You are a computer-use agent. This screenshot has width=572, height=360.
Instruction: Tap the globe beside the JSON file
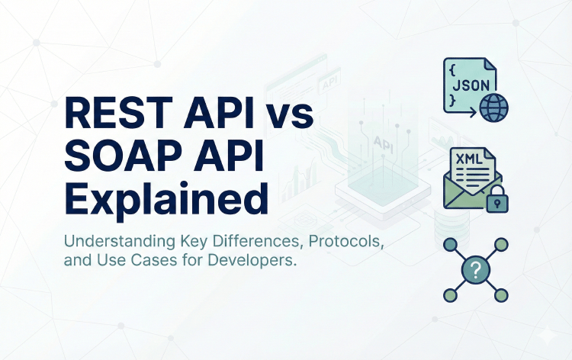tap(493, 107)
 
